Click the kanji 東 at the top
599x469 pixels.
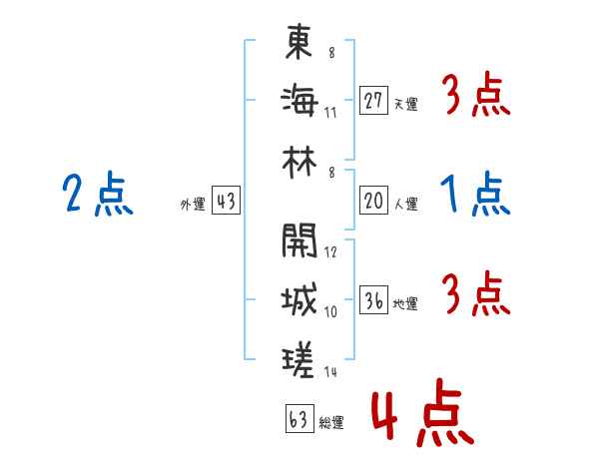[x=299, y=43]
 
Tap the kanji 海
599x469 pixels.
[x=299, y=100]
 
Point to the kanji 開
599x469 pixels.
[x=299, y=240]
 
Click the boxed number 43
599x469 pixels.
[x=226, y=203]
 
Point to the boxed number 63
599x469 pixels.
[x=297, y=420]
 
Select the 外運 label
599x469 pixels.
[x=193, y=205]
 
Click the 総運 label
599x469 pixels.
[x=330, y=422]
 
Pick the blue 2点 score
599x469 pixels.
[x=97, y=193]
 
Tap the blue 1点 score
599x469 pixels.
[x=474, y=193]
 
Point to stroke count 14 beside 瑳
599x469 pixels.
[x=330, y=372]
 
